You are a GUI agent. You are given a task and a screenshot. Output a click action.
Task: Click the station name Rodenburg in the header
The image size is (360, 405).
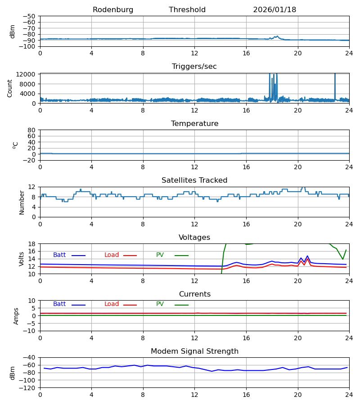[113, 10]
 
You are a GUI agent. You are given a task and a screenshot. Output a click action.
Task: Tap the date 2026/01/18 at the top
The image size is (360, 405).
[274, 10]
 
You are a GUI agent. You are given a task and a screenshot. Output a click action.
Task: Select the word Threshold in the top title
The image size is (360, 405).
[187, 10]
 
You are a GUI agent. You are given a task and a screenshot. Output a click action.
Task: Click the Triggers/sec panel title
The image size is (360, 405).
[194, 67]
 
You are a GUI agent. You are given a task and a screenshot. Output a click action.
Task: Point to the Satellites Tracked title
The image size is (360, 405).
[194, 180]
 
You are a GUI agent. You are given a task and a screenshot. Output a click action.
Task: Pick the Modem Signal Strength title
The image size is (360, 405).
[194, 351]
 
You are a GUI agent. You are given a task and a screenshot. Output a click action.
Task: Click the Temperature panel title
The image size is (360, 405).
[194, 124]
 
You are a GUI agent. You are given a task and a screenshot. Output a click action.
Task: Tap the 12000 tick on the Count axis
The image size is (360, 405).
[27, 74]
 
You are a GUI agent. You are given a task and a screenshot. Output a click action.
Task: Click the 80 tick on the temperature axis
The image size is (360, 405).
[32, 130]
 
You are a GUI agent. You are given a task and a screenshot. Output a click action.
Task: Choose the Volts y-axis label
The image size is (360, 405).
[22, 259]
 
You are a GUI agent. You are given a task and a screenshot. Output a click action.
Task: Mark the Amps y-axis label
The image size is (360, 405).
[16, 316]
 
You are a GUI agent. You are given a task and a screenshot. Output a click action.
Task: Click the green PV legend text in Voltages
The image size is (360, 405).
[160, 255]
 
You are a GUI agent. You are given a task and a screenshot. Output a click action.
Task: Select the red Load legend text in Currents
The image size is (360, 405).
[112, 304]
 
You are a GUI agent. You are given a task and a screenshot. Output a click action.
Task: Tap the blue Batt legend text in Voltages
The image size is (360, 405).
[59, 255]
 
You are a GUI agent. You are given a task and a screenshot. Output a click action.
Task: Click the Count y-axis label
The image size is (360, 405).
[10, 88]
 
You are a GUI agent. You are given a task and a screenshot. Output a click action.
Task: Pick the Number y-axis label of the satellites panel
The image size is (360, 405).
[22, 202]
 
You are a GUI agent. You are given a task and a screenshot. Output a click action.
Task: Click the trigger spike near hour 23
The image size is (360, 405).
[335, 83]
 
